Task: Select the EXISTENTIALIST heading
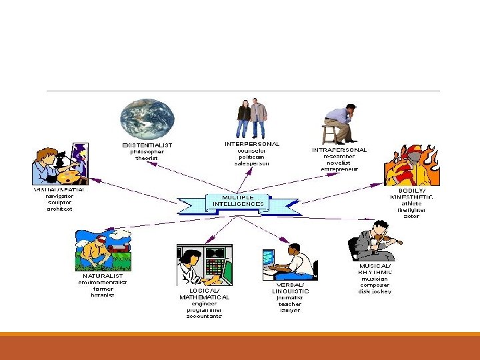147,145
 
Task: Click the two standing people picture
251,118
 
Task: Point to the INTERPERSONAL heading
252,143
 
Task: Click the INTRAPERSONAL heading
339,150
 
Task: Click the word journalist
290,298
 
